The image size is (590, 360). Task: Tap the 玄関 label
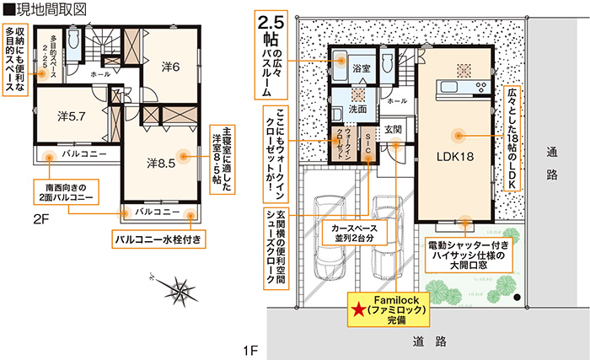click(394, 130)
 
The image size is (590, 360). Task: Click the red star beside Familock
click(358, 310)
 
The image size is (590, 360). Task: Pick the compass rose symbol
click(178, 291)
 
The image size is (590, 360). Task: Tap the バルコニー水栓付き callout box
click(160, 239)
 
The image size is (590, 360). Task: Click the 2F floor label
click(41, 218)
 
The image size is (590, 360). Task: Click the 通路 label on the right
click(553, 164)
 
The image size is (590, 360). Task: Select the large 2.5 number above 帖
click(273, 24)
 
